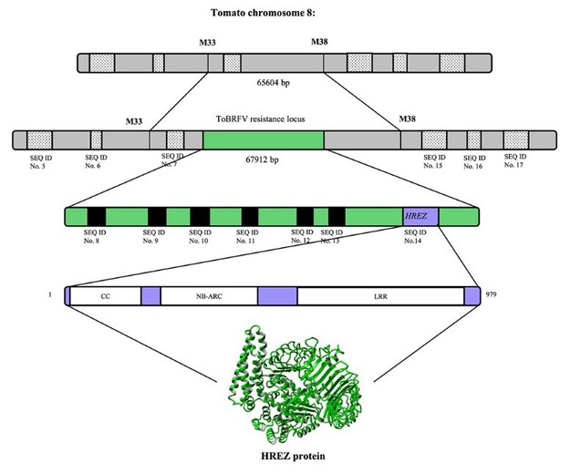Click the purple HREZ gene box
[420, 217]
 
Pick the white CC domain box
[105, 295]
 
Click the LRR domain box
[380, 295]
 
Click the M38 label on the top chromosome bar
[320, 43]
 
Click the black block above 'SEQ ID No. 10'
[201, 217]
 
